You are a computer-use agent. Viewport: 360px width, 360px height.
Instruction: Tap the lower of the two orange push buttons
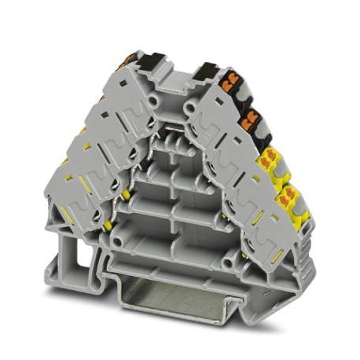(251, 120)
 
